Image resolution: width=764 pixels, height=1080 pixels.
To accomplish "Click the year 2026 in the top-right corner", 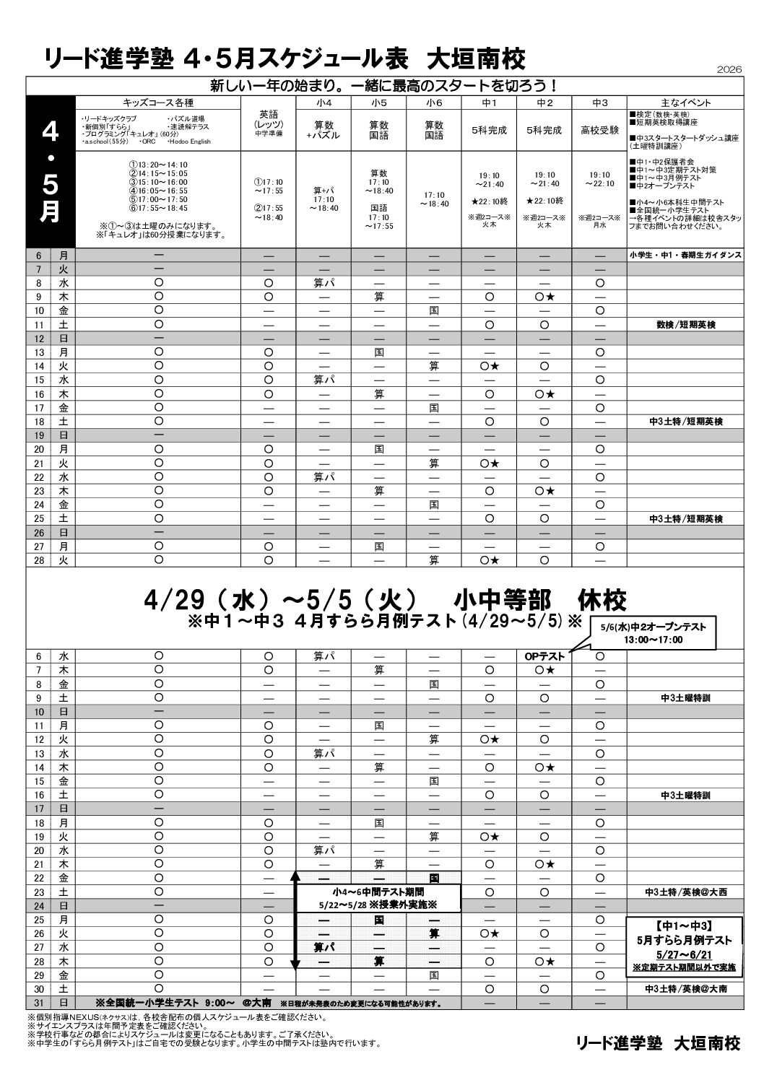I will click(x=729, y=69).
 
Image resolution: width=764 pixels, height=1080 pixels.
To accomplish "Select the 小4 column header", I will click(x=324, y=103).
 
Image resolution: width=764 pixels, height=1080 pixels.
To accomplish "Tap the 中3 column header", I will click(x=599, y=103).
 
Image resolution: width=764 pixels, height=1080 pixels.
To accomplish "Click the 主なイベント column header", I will click(x=685, y=103).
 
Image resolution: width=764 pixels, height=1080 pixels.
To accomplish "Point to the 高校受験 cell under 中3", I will click(x=599, y=131).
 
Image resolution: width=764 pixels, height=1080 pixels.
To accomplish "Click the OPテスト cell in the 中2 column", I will click(x=544, y=656).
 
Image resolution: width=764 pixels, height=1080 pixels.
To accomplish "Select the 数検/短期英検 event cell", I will click(x=685, y=324).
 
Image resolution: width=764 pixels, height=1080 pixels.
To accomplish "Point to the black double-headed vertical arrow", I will click(x=295, y=918).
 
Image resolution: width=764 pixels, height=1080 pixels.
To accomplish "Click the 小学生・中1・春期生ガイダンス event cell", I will click(x=685, y=256).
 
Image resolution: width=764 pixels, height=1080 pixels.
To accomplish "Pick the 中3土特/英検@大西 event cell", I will click(x=685, y=892).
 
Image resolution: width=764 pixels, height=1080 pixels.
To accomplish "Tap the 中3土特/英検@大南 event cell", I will click(x=685, y=989).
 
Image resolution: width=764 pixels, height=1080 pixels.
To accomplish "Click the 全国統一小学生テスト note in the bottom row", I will click(x=183, y=1003).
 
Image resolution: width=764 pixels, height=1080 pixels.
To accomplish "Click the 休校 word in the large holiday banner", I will click(x=602, y=600).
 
